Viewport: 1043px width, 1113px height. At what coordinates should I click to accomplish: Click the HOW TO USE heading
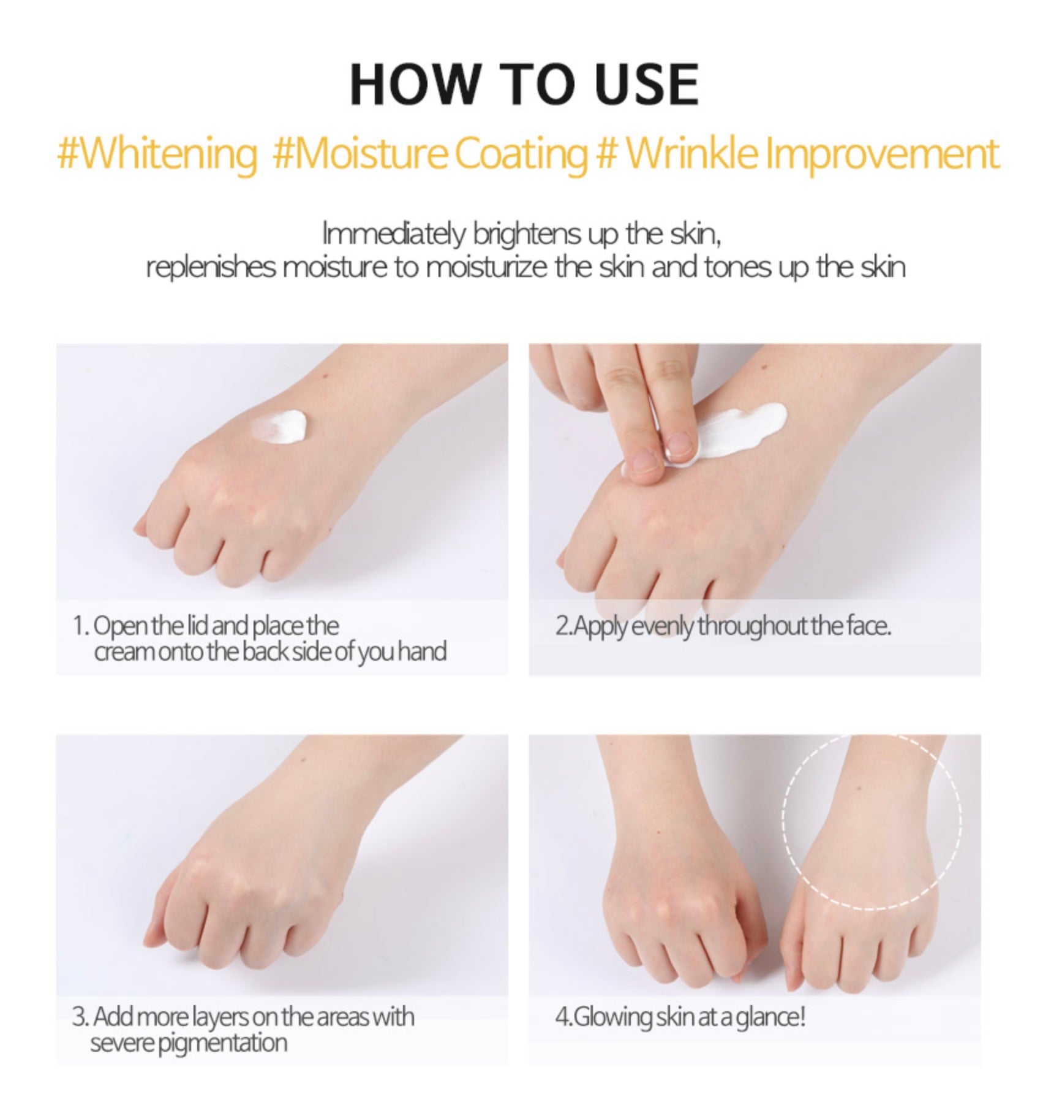(524, 85)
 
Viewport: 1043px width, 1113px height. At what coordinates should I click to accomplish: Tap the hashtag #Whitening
(157, 154)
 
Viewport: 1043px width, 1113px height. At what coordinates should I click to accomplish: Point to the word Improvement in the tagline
(883, 154)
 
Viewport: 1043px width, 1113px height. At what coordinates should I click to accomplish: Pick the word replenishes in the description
(211, 268)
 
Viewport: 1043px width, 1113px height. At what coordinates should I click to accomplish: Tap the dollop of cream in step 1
(279, 425)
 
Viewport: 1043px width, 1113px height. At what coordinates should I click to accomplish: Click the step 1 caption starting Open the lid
(260, 639)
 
